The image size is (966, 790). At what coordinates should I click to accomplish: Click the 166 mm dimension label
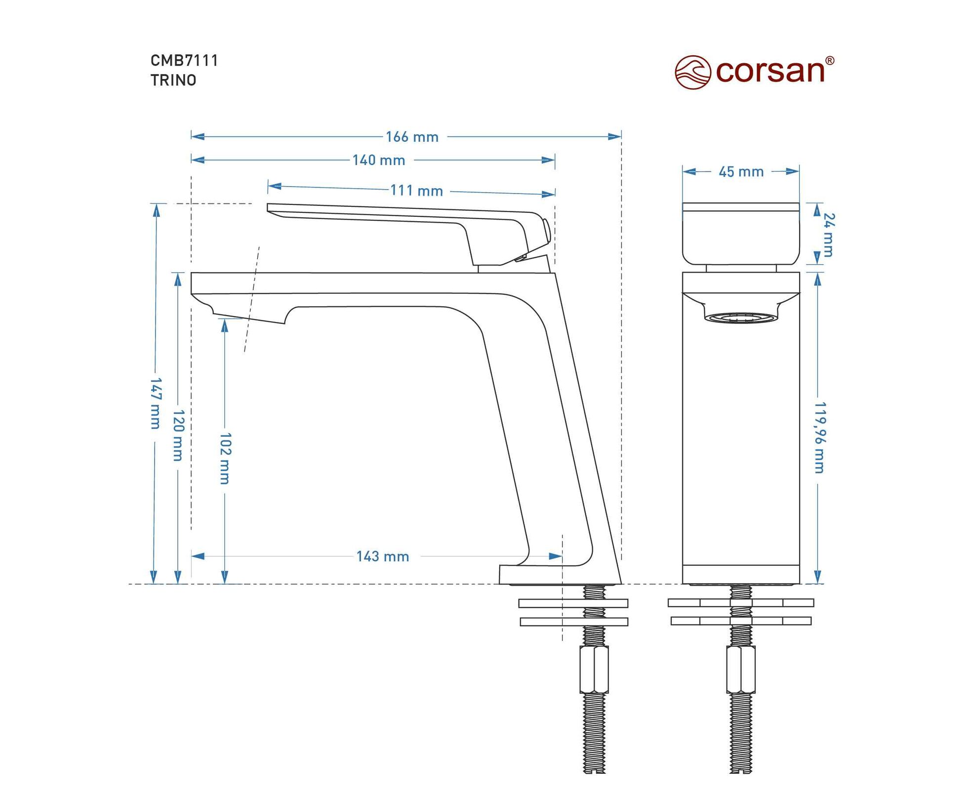[412, 137]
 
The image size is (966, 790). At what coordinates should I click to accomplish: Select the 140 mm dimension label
[379, 160]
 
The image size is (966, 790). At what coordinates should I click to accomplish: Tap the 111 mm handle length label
[416, 191]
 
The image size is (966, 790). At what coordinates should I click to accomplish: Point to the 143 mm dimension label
[383, 557]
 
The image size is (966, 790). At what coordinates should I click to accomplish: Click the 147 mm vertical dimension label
[155, 403]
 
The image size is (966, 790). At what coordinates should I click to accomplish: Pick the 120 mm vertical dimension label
[178, 435]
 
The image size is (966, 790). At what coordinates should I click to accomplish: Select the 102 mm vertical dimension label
[225, 458]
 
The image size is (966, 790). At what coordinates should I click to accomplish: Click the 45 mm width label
[741, 172]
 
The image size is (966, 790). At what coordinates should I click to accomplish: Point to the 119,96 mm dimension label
[820, 437]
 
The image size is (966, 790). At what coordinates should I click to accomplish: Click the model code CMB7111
[184, 61]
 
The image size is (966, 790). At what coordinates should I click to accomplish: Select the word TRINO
[173, 80]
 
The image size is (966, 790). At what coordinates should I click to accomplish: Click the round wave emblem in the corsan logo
[692, 72]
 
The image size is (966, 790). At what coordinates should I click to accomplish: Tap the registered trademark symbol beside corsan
[830, 61]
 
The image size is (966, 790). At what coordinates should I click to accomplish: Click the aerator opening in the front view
[741, 317]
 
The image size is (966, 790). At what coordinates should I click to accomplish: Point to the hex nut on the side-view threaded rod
[594, 670]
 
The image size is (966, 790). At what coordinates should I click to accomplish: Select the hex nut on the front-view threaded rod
[741, 670]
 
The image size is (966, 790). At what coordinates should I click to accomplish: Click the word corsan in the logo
[770, 72]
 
